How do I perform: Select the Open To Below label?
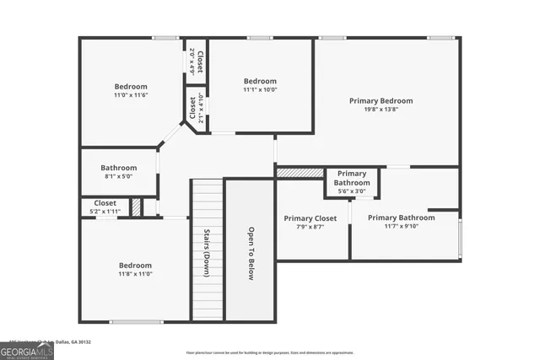click(x=251, y=254)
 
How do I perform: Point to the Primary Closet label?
click(x=310, y=218)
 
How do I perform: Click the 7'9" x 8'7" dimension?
click(x=310, y=227)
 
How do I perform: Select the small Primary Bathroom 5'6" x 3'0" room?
click(x=352, y=182)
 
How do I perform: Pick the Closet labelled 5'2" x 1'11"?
click(x=105, y=207)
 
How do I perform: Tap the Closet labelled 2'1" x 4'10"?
click(x=196, y=108)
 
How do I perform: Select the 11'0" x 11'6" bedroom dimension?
click(x=131, y=95)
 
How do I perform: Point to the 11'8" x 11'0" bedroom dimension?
click(x=135, y=274)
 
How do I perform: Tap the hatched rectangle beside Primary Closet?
click(x=300, y=172)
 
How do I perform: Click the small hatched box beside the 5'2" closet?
click(x=136, y=207)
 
